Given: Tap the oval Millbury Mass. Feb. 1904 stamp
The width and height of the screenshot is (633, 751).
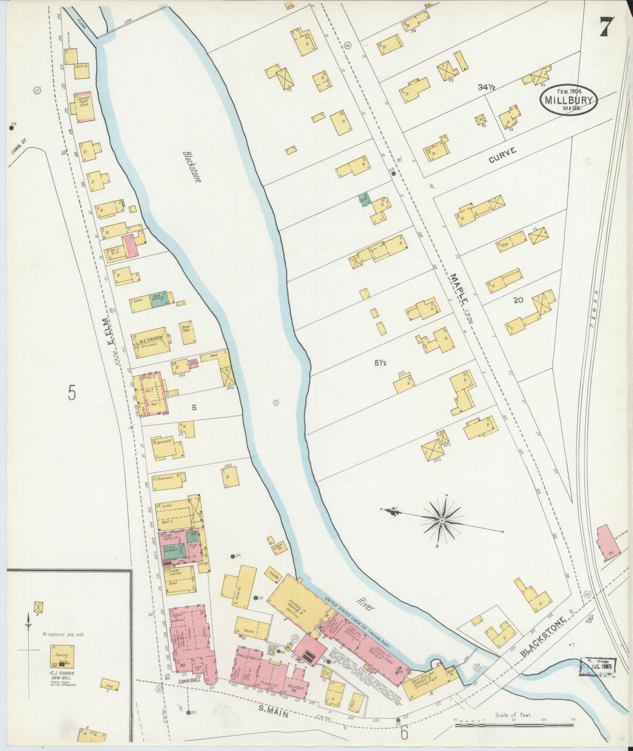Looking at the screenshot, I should [x=568, y=100].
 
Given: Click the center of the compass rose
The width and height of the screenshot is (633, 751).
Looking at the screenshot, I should [x=442, y=520].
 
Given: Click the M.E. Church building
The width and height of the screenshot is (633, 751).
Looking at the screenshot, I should [x=150, y=339].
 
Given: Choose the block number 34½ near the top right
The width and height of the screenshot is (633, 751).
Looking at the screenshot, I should [x=486, y=88].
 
